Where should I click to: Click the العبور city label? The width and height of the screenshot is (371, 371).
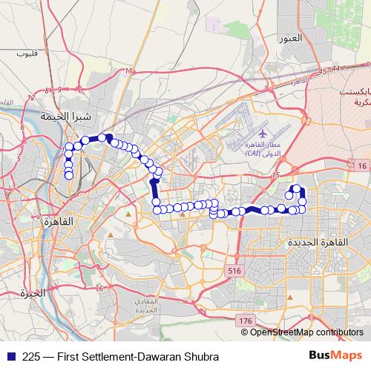(x=289, y=38)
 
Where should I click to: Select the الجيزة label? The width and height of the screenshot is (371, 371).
(x=33, y=292)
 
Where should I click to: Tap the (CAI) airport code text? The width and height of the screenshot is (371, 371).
(x=257, y=152)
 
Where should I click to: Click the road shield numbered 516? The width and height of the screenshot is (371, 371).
(x=235, y=272)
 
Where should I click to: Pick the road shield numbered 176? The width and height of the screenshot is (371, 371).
(x=246, y=320)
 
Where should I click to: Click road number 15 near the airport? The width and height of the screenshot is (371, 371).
(x=275, y=176)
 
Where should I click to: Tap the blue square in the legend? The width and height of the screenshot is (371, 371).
(x=7, y=355)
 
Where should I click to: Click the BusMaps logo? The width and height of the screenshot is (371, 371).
(x=335, y=355)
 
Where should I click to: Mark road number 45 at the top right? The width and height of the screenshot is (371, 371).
(x=321, y=72)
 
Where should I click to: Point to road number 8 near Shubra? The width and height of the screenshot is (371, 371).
(x=47, y=90)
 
